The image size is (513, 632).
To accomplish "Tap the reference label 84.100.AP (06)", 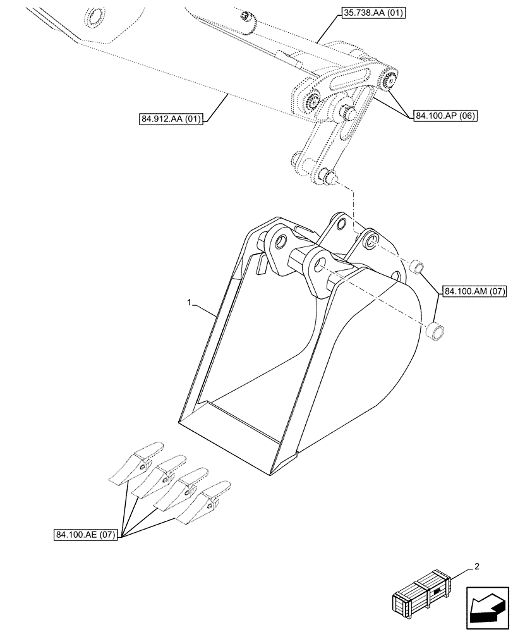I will (x=446, y=116).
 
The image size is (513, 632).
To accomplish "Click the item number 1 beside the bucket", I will (x=190, y=304).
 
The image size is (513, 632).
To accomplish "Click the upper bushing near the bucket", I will (x=417, y=267).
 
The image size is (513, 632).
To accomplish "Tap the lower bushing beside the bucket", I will (x=435, y=331).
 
